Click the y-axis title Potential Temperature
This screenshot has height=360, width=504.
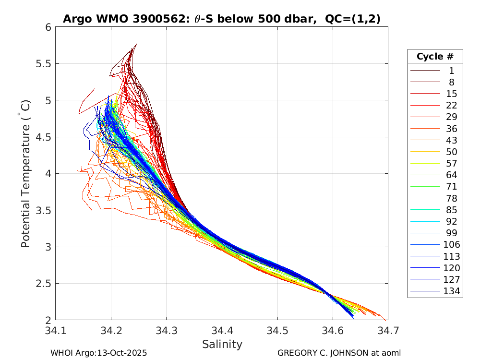(26, 174)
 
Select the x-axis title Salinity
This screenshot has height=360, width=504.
(222, 344)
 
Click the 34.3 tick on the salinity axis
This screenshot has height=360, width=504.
(166, 331)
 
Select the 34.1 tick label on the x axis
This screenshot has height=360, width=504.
(56, 331)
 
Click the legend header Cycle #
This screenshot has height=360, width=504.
(435, 57)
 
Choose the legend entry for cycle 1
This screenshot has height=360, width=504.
(451, 71)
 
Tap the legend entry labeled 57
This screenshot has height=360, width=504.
(451, 164)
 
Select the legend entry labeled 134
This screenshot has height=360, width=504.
(451, 291)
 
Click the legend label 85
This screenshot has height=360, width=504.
(451, 210)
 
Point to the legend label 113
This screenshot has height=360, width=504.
(451, 256)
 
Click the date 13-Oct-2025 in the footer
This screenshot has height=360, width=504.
(122, 353)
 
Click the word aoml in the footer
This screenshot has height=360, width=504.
(391, 353)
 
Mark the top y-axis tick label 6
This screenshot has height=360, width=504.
(48, 27)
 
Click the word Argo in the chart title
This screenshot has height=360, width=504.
(76, 19)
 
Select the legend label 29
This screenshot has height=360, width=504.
(451, 117)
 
